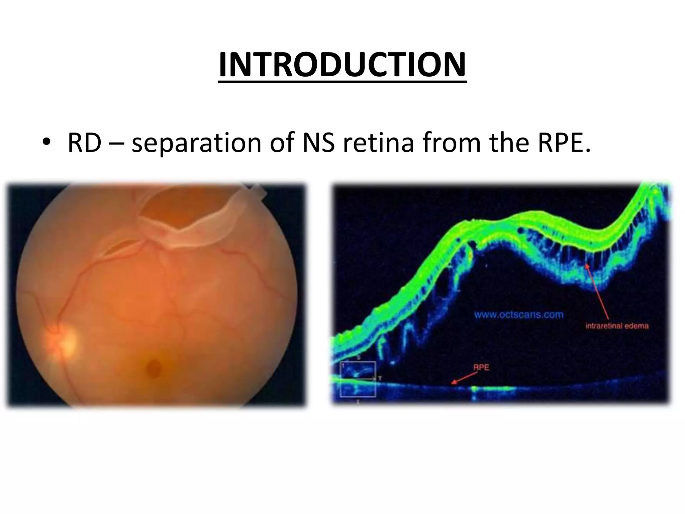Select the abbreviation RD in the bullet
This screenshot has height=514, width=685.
pyautogui.click(x=85, y=143)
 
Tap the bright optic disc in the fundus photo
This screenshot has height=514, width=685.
pyautogui.click(x=64, y=343)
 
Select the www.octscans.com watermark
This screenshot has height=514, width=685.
pyautogui.click(x=519, y=315)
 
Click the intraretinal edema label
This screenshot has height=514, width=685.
pyautogui.click(x=617, y=326)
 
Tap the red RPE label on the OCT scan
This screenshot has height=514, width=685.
pyautogui.click(x=481, y=367)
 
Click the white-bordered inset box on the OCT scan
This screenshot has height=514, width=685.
pyautogui.click(x=358, y=379)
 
